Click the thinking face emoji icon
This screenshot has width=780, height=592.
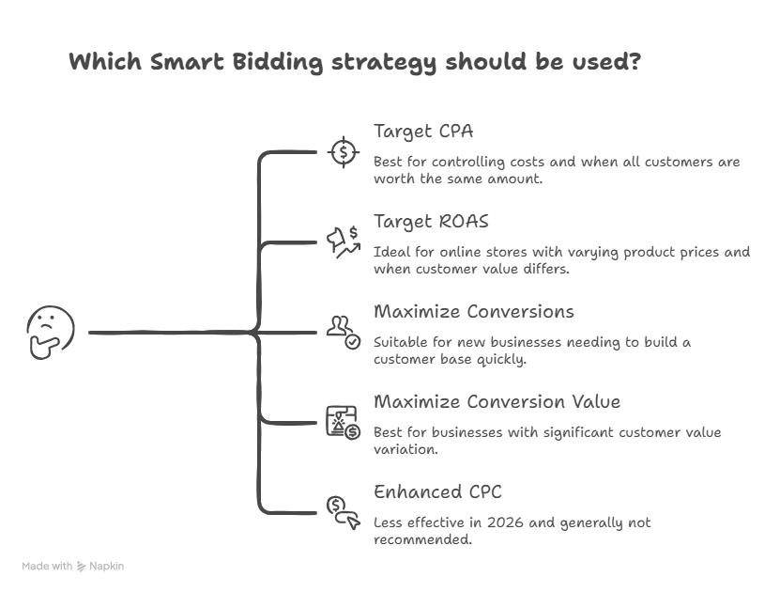[51, 332]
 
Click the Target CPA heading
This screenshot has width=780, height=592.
[423, 132]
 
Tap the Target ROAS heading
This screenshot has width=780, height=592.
[431, 222]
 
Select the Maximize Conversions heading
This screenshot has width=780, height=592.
[474, 312]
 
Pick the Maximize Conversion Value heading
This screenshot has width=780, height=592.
[497, 402]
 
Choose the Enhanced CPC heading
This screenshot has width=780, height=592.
[437, 491]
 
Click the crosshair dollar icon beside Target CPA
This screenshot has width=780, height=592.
[344, 152]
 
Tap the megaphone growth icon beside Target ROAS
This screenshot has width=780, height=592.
[344, 242]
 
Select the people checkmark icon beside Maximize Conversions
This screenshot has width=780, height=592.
[344, 333]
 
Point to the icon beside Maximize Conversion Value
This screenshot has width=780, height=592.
[344, 423]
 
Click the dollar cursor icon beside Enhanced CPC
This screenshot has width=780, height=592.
[344, 513]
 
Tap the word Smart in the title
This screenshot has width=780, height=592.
[187, 62]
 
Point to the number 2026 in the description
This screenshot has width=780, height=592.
[505, 522]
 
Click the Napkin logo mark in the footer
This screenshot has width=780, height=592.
[81, 567]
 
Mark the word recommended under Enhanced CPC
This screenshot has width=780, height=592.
[422, 539]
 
